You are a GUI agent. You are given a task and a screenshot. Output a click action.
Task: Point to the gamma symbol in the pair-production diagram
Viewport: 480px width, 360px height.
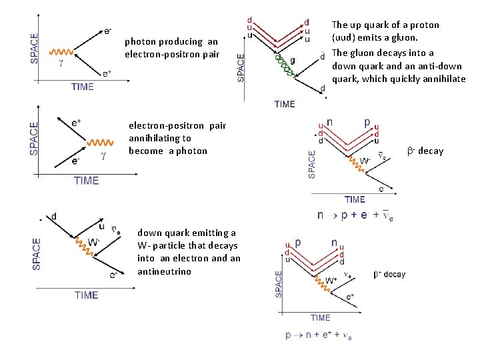(61, 64)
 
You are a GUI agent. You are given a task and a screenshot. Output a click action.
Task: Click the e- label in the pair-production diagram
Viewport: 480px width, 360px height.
(108, 31)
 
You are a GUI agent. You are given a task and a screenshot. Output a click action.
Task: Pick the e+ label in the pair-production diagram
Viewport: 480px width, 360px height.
(108, 73)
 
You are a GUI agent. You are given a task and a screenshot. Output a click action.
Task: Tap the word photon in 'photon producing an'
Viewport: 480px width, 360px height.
(141, 41)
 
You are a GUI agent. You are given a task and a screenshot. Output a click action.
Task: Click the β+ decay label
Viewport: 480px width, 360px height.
(389, 275)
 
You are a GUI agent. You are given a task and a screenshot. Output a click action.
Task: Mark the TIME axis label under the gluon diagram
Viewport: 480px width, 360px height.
(285, 104)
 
